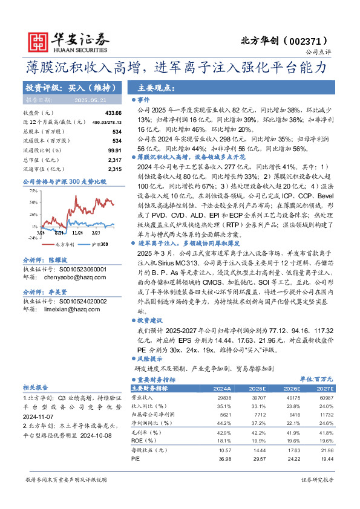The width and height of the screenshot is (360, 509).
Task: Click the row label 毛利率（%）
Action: click(x=148, y=433)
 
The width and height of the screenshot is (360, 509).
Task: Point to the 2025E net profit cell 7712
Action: click(x=258, y=415)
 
